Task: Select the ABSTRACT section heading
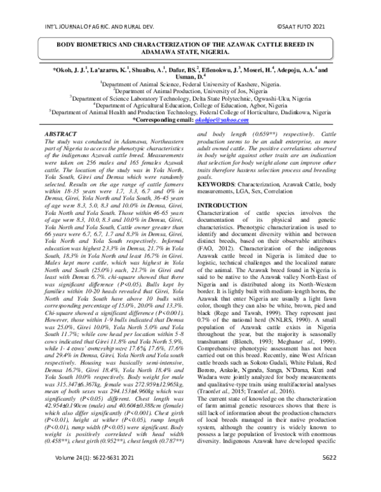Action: tap(60, 135)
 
